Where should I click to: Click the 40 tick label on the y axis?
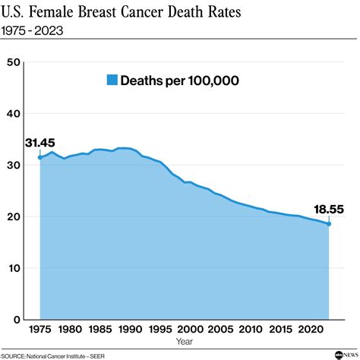(x=12, y=113)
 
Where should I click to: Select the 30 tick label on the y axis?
(x=12, y=165)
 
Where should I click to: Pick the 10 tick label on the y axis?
(x=12, y=268)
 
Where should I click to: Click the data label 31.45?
(x=39, y=143)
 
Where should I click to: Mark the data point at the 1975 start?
(x=39, y=157)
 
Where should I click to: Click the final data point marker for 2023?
(x=328, y=223)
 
